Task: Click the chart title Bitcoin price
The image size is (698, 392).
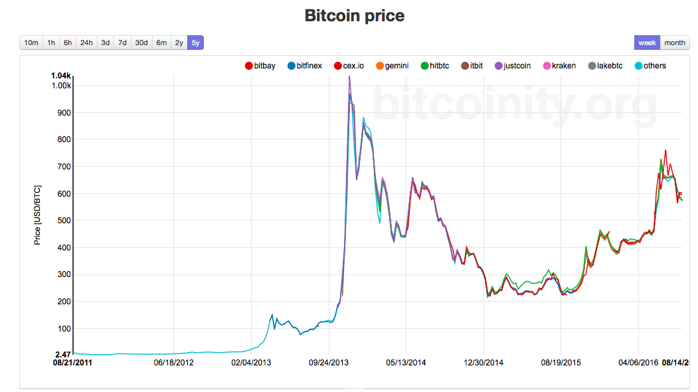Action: [354, 15]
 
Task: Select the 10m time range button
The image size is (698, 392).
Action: [31, 43]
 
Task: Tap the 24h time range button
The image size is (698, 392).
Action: [86, 43]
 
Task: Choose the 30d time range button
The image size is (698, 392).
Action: [141, 43]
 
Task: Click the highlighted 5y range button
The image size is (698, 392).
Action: [195, 43]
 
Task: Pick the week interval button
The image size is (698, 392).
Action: [647, 43]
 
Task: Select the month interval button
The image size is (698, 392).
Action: [674, 43]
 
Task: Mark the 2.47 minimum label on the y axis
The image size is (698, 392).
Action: [62, 355]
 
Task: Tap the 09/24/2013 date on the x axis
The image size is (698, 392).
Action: [329, 363]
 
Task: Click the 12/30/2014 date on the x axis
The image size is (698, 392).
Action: [483, 363]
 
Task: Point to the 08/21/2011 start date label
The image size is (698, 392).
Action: [73, 363]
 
